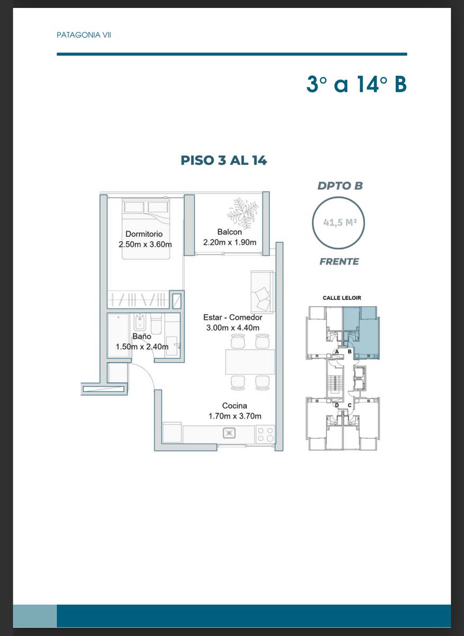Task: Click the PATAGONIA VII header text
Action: click(84, 35)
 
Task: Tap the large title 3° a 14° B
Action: click(356, 84)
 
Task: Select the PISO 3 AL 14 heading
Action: click(224, 161)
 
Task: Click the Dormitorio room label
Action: click(144, 234)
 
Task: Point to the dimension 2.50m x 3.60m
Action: click(145, 244)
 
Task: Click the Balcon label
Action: click(230, 232)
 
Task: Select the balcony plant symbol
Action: click(242, 213)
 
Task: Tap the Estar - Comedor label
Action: click(233, 317)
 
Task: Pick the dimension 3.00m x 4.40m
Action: click(233, 328)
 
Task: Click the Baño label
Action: click(142, 336)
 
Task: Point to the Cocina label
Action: click(234, 405)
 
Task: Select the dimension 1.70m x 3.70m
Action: click(235, 416)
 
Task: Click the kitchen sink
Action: click(229, 433)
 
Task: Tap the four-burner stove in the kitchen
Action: click(266, 434)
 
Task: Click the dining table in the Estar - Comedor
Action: click(250, 362)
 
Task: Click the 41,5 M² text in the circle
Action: click(340, 222)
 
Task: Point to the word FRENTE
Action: click(339, 261)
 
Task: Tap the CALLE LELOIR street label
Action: click(342, 298)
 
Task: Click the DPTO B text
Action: click(340, 186)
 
